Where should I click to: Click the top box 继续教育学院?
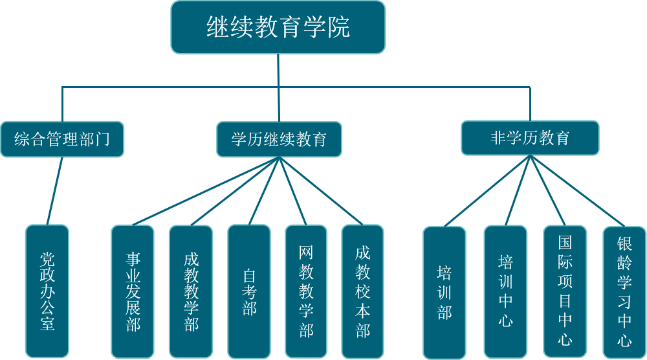click(278, 27)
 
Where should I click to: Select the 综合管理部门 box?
click(62, 139)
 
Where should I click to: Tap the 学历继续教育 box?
click(279, 139)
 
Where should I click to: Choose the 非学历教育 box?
click(530, 137)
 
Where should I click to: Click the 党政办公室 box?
click(47, 291)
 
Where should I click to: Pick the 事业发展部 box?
click(133, 291)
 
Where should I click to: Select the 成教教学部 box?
click(191, 291)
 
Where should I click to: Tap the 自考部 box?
click(249, 291)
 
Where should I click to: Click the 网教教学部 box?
click(307, 291)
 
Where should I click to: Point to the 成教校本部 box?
click(363, 291)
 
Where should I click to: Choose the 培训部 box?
click(444, 292)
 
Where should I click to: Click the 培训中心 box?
click(505, 292)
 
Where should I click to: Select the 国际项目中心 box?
click(565, 292)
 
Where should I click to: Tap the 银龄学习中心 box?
click(624, 292)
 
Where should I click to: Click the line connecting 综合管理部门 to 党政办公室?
click(55, 191)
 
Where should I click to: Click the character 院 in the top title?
click(338, 27)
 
